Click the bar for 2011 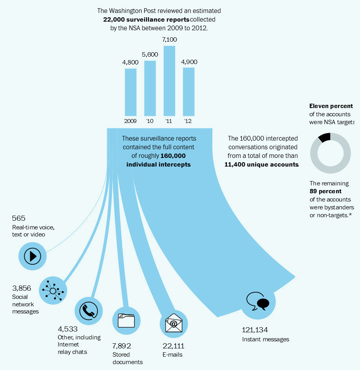pos(169,81)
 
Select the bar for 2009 pos(131,92)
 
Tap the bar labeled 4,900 pos(189,92)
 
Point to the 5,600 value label pos(150,55)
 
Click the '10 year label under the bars pos(150,121)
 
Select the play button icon pos(33,256)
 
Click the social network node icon pos(53,291)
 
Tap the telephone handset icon pos(89,311)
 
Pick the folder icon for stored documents pos(126,321)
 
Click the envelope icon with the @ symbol pos(174,323)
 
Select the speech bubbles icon pos(258,301)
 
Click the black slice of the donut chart pos(324,137)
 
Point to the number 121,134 pos(255,330)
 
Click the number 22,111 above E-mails pos(174,346)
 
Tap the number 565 pos(18,218)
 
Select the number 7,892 pos(122,346)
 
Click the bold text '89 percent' pos(325,191)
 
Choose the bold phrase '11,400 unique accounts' pos(261,165)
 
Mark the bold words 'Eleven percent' pos(331,106)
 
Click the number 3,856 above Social pos(22,288)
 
